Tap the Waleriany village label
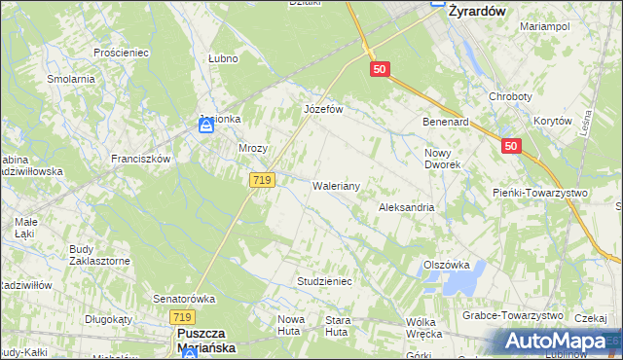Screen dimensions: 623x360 (337, 185)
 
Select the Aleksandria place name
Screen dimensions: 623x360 (406, 208)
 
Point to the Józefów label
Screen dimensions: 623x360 (324, 110)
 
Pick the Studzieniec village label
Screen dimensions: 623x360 (323, 281)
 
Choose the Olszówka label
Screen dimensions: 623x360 (447, 265)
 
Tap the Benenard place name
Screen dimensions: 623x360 (445, 123)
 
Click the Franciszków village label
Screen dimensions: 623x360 (140, 159)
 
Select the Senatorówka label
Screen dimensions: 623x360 (183, 299)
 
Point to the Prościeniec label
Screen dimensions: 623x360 (119, 52)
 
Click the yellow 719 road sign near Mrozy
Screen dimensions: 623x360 (262, 180)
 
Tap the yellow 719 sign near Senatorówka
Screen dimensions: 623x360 (181, 317)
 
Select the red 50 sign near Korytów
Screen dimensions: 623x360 (511, 146)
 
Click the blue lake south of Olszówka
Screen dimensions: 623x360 (458, 283)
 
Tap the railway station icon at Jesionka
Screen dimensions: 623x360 (206, 126)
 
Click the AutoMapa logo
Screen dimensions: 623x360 (556, 342)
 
